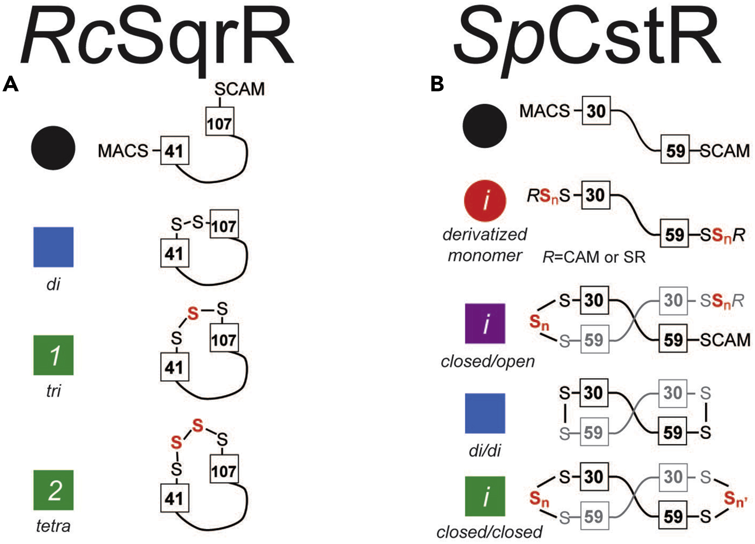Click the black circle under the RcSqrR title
[53, 148]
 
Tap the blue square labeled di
[53, 247]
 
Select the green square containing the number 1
[53, 355]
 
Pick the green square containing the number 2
[53, 490]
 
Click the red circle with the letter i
[485, 200]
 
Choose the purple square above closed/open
[485, 323]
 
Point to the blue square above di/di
[485, 413]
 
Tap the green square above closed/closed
[485, 496]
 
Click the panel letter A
[11, 84]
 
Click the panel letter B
[437, 84]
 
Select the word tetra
[53, 526]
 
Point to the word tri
[53, 391]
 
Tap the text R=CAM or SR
[594, 257]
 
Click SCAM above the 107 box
[239, 89]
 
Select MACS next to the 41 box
[123, 151]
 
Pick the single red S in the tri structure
[193, 314]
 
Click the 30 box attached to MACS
[596, 111]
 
